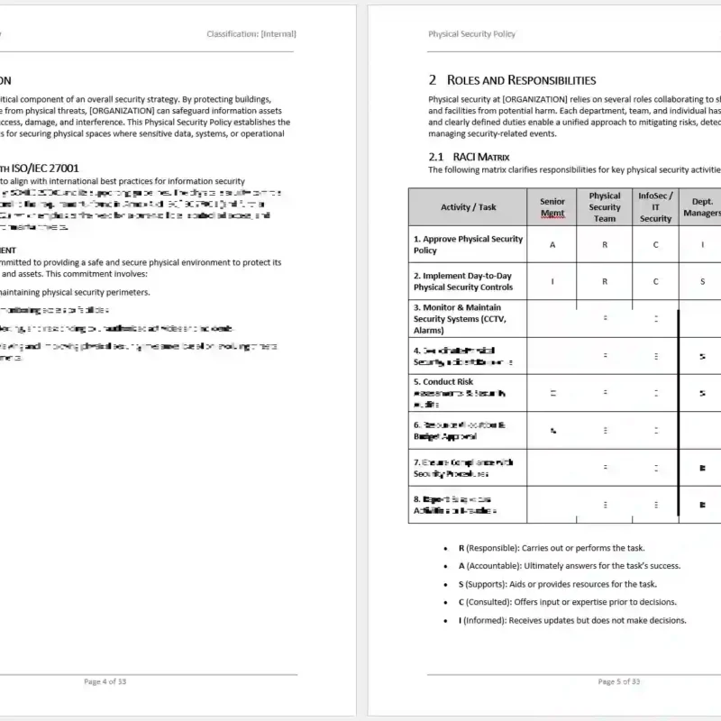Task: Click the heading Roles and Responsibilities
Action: (x=512, y=80)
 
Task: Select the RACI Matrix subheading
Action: (x=469, y=157)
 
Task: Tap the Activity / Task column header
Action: (x=468, y=207)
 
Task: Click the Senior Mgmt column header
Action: (x=552, y=207)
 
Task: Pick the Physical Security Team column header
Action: (x=605, y=207)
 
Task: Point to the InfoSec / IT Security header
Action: (x=655, y=207)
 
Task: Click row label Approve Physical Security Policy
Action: (x=468, y=244)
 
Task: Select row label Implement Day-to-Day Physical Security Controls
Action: (x=463, y=281)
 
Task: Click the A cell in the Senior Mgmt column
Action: (x=552, y=244)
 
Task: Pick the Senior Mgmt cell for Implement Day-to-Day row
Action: (x=552, y=281)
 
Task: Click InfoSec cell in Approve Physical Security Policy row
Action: (x=655, y=244)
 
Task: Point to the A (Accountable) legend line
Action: (x=569, y=566)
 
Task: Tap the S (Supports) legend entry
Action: (x=557, y=584)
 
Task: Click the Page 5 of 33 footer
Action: (x=619, y=681)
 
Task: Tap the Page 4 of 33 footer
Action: (x=105, y=681)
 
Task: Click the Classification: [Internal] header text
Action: (x=251, y=34)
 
